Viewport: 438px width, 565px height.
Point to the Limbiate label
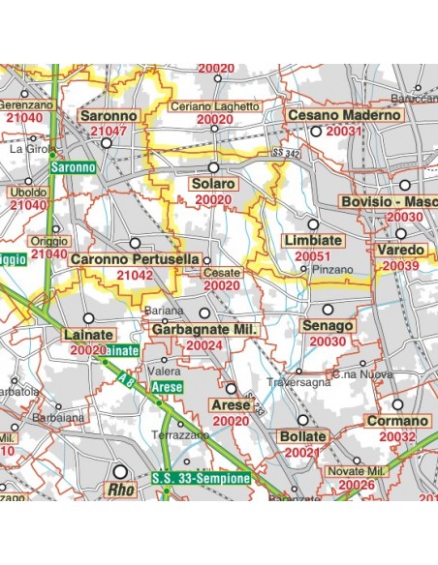312,240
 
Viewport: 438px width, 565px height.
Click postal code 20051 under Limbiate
314,255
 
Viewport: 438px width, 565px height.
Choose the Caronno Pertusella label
135,260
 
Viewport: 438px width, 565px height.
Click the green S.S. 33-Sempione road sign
202,477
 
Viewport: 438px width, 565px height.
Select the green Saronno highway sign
73,167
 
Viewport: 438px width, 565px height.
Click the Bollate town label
301,437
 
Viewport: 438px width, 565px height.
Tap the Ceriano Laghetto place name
214,106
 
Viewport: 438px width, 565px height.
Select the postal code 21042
134,276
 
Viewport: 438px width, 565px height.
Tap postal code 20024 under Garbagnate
204,344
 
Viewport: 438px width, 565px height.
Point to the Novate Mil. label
359,469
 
